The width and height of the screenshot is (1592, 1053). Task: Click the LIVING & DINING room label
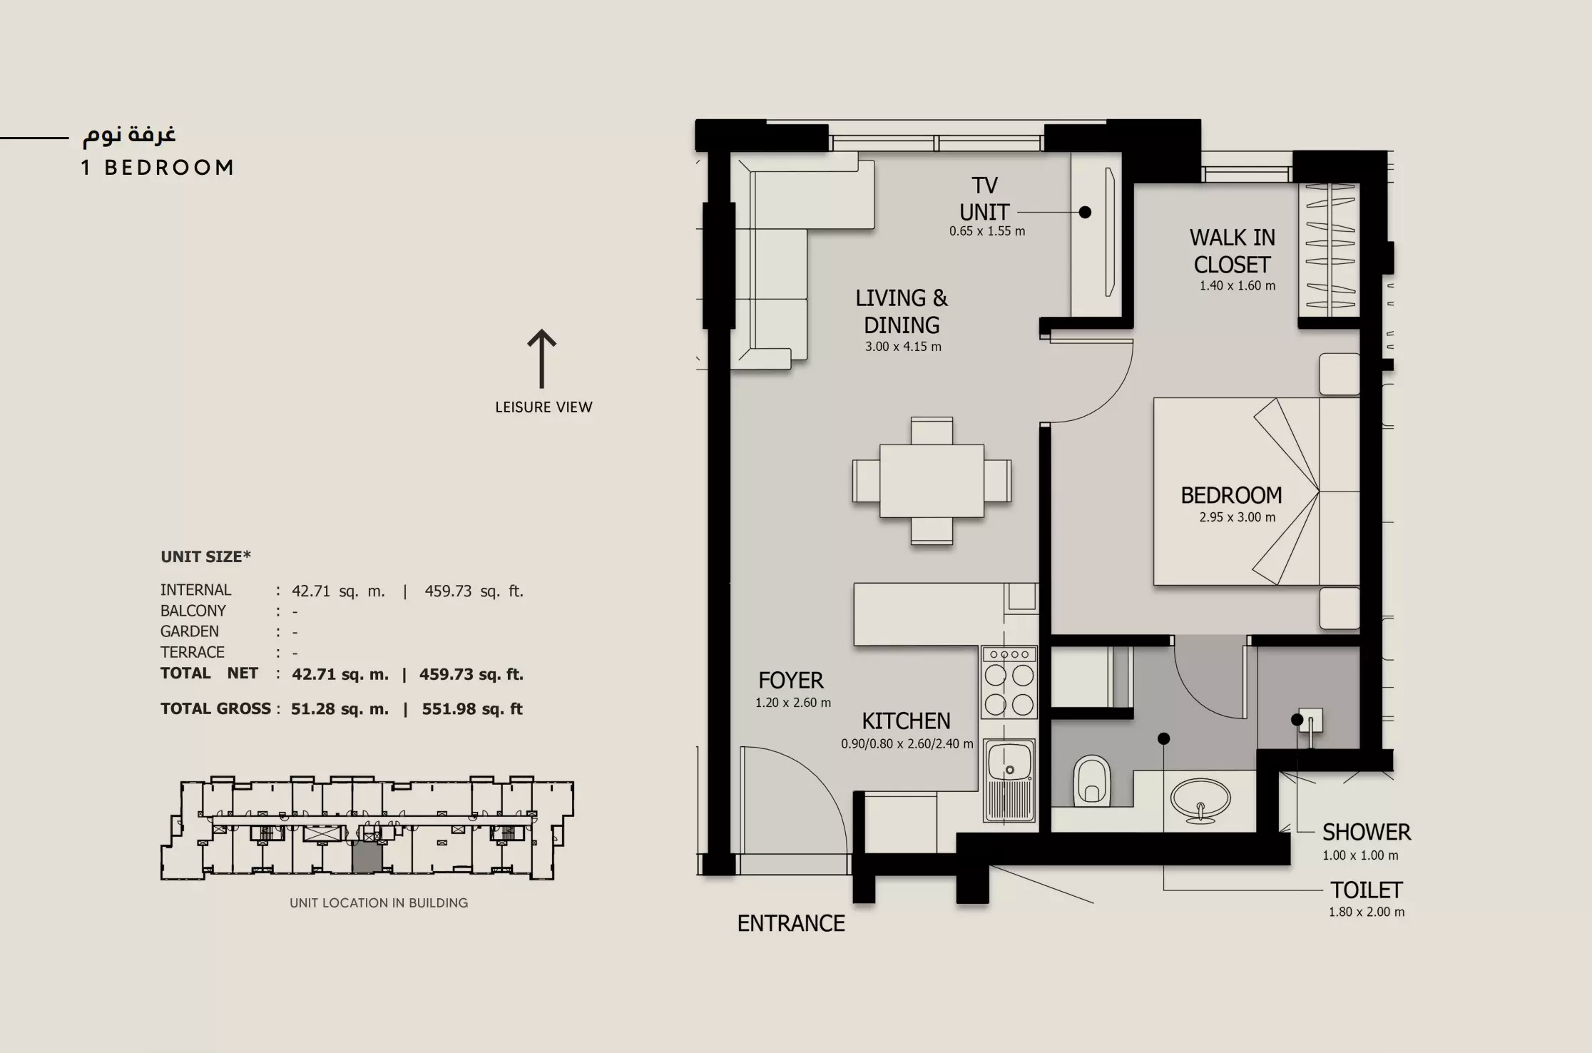(902, 312)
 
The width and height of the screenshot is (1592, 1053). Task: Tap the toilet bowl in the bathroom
(1092, 780)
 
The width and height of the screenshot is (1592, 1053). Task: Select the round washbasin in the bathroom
(1200, 800)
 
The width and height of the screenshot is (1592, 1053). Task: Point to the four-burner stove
(1009, 683)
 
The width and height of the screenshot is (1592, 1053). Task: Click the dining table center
(932, 481)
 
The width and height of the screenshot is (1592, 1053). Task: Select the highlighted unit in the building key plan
(367, 856)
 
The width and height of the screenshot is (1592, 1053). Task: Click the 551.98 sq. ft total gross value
(472, 709)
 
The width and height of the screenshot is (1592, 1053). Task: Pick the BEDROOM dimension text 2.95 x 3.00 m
(1237, 517)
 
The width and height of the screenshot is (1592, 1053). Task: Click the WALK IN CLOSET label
(1232, 251)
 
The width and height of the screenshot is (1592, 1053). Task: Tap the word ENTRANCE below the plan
(790, 923)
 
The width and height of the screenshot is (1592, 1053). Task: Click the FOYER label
(790, 680)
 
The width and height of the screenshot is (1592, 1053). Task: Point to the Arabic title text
(129, 134)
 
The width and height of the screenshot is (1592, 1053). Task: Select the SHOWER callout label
(1366, 832)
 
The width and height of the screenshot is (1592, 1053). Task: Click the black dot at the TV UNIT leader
(1085, 212)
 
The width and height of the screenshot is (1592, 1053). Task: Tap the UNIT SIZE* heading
(205, 556)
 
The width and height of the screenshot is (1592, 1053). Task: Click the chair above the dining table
(932, 431)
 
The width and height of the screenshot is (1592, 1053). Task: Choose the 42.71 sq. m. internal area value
(338, 591)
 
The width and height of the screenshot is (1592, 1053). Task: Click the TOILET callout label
(1366, 890)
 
